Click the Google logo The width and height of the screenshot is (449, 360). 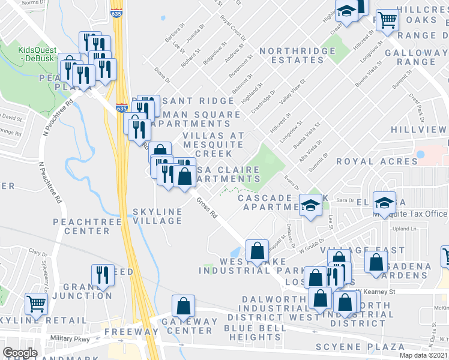20,353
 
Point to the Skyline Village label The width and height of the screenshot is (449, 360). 157,216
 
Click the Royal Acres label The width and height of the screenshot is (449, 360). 376,161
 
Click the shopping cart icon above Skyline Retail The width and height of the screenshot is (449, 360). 37,305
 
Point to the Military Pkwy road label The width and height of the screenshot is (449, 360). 71,338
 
